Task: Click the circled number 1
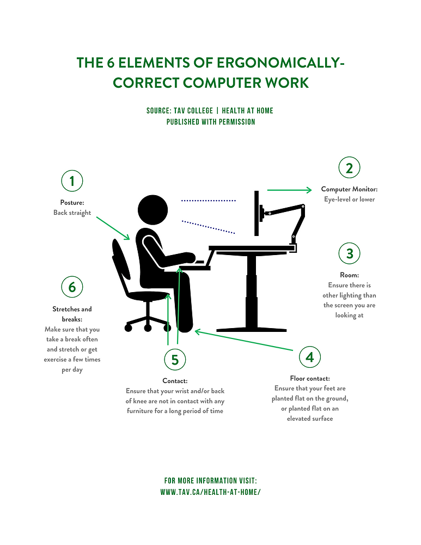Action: [72, 180]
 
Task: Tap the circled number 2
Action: [349, 168]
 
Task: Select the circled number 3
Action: [349, 253]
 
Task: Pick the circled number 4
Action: [310, 357]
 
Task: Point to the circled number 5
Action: [175, 359]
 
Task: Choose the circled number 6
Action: [72, 286]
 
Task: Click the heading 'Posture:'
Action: [72, 202]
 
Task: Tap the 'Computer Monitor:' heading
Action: [349, 189]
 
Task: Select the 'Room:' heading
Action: [349, 275]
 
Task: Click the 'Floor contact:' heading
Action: [310, 378]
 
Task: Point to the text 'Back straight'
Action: [72, 213]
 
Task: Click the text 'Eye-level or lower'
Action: [349, 199]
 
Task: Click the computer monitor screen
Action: [255, 214]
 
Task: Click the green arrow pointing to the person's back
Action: [113, 228]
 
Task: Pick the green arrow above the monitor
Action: [289, 190]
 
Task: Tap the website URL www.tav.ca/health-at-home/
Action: [210, 492]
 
